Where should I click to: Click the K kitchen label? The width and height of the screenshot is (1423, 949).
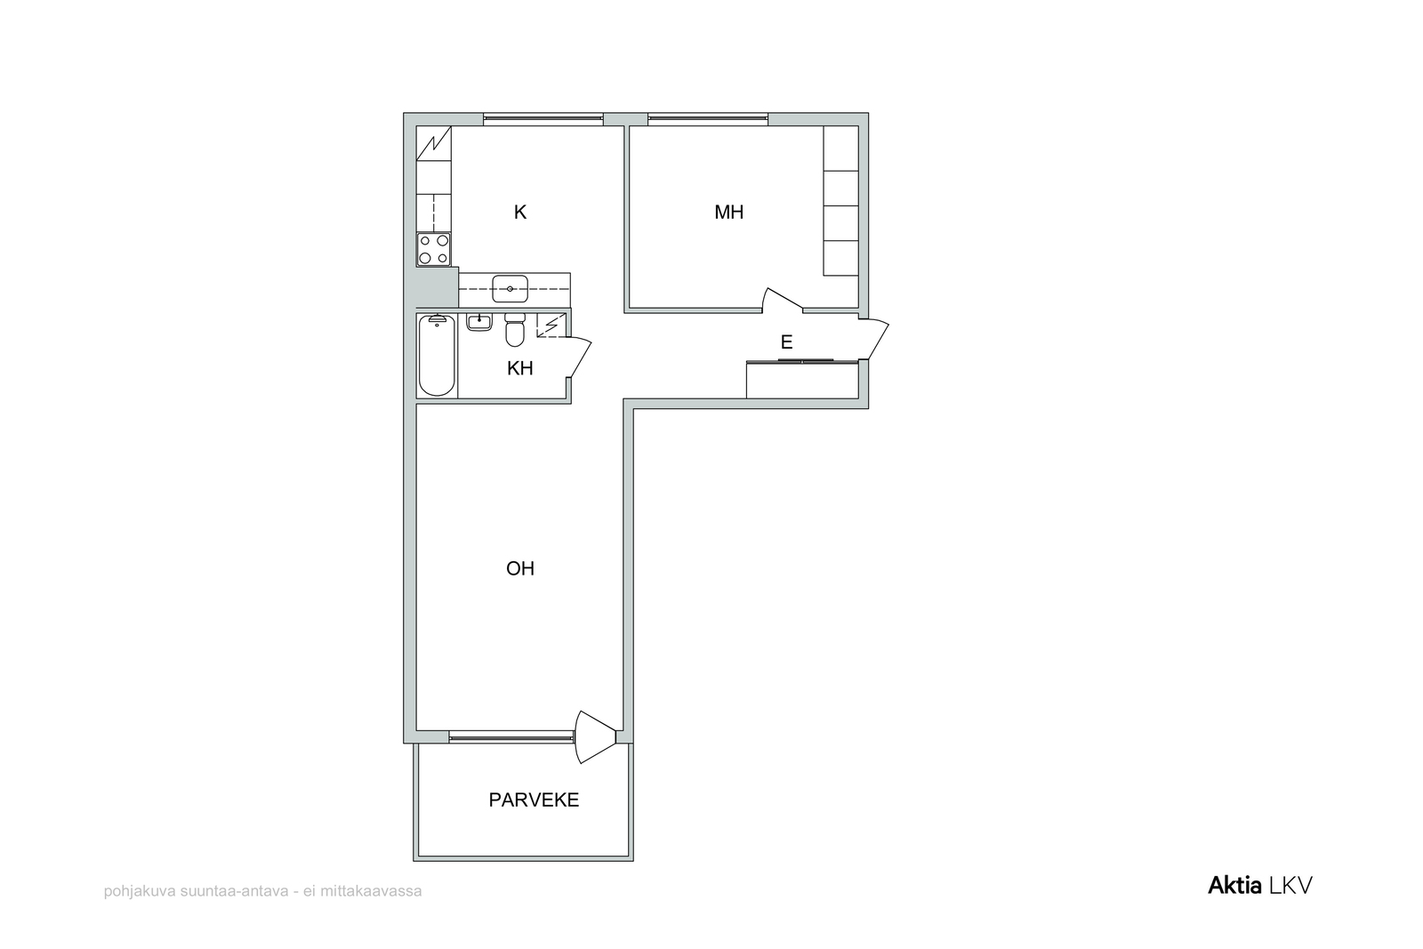(x=519, y=213)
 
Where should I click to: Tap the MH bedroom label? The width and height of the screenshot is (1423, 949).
(x=728, y=213)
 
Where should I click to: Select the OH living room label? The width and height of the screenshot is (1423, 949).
(x=519, y=568)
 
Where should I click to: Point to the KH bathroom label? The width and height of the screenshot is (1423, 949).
(x=519, y=368)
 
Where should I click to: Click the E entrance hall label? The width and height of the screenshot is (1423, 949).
(x=786, y=342)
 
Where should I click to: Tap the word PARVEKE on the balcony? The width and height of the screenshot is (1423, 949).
(x=534, y=800)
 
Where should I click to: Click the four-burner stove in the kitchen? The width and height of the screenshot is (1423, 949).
(x=434, y=249)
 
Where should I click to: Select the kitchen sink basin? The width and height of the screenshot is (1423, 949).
(x=511, y=289)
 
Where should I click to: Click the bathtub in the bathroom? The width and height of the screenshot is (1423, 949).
(x=437, y=356)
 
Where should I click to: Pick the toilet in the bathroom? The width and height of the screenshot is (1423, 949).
(x=515, y=330)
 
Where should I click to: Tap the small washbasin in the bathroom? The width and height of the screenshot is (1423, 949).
(x=479, y=322)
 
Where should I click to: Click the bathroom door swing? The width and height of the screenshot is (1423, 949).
(x=579, y=359)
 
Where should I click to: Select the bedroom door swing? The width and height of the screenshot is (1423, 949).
(x=783, y=300)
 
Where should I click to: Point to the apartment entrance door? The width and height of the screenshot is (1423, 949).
(x=874, y=340)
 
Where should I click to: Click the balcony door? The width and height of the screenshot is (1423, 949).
(x=595, y=736)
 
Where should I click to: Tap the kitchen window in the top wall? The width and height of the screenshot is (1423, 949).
(x=543, y=119)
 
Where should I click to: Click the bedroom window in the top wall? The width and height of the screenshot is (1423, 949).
(x=708, y=119)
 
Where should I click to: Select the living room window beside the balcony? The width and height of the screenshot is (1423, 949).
(x=511, y=737)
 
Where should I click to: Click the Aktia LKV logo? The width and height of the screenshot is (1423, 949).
(x=1259, y=886)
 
